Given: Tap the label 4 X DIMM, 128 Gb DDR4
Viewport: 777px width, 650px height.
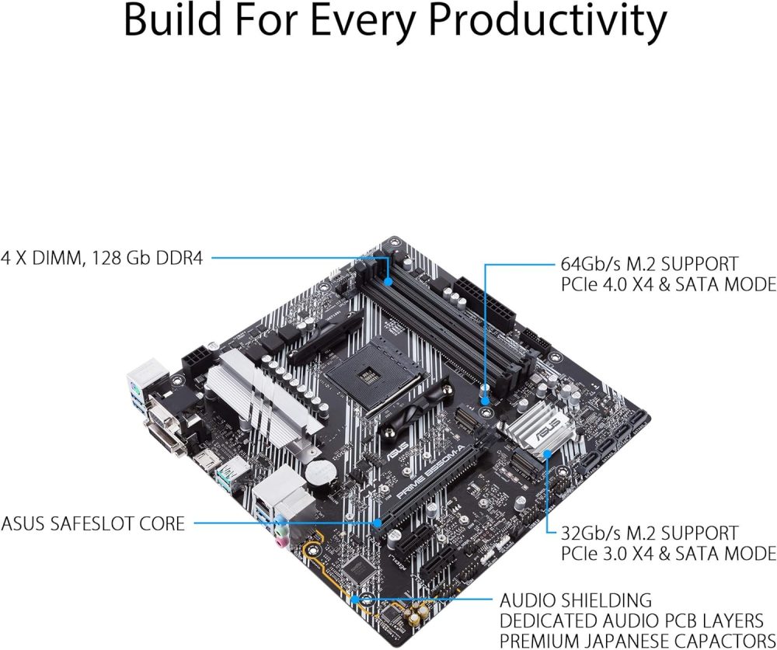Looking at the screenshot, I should [102, 258].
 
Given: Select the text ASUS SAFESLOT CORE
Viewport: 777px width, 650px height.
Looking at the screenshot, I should [93, 523].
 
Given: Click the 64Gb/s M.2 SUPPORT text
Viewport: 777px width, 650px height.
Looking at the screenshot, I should [650, 263].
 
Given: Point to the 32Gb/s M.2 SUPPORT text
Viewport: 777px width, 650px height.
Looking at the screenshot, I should [650, 533].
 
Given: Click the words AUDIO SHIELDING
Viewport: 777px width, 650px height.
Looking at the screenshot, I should [575, 600].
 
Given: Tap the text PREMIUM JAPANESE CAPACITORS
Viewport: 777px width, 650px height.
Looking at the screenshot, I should [637, 641].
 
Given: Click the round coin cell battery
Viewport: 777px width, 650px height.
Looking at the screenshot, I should [316, 471].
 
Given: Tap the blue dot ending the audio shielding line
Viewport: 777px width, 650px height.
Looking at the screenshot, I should [356, 600].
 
